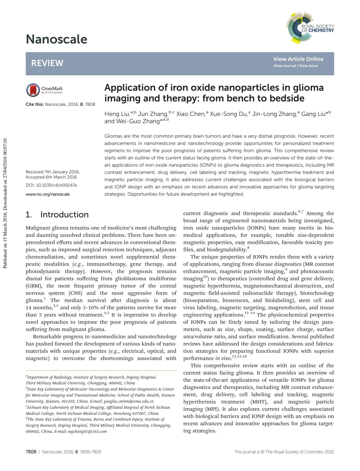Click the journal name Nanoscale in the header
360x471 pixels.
(56, 39)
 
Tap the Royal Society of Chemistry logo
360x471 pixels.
(310, 28)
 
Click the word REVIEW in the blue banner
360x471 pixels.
(47, 63)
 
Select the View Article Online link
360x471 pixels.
(298, 59)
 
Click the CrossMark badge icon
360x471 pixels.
(33, 90)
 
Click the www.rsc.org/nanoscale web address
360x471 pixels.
(48, 194)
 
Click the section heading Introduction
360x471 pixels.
(64, 214)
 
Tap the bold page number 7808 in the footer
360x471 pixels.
(31, 452)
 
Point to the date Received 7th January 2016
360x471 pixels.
(53, 172)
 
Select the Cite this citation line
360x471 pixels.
(60, 104)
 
